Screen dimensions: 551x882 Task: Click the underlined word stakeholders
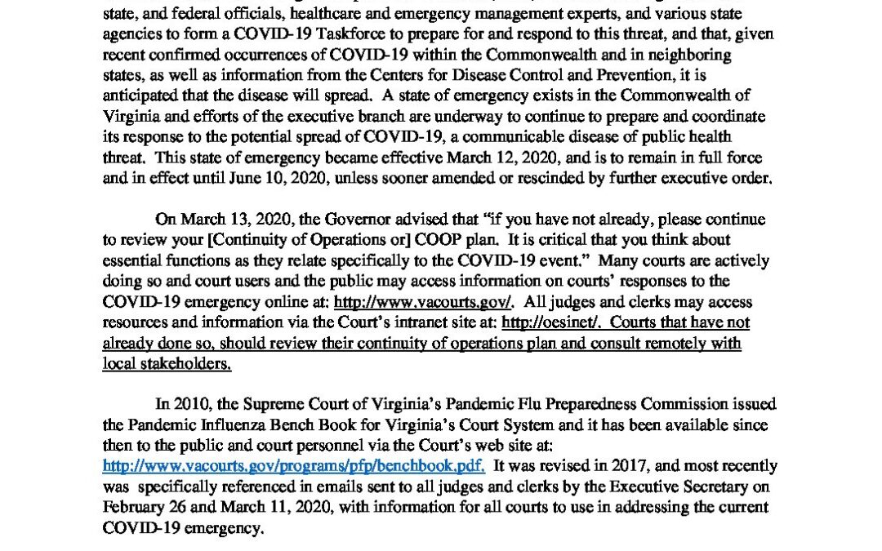(167, 363)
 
